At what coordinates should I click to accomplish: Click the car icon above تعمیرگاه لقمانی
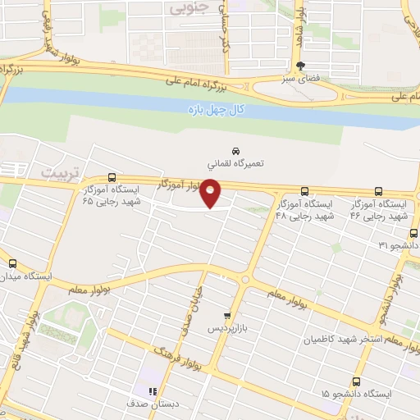(x=235, y=152)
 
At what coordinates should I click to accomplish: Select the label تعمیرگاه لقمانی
(x=235, y=164)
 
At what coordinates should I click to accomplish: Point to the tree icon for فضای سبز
(x=301, y=66)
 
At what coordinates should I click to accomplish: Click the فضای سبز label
(x=300, y=80)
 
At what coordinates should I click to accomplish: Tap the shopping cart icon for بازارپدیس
(x=227, y=315)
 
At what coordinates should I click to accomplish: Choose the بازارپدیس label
(x=226, y=327)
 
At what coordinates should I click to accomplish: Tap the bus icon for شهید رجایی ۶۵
(x=112, y=176)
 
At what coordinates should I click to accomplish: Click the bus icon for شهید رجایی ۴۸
(x=304, y=189)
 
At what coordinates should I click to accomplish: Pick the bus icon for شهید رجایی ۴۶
(x=378, y=189)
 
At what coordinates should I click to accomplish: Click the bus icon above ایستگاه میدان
(x=11, y=263)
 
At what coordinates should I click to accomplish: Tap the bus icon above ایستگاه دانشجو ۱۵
(x=357, y=381)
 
